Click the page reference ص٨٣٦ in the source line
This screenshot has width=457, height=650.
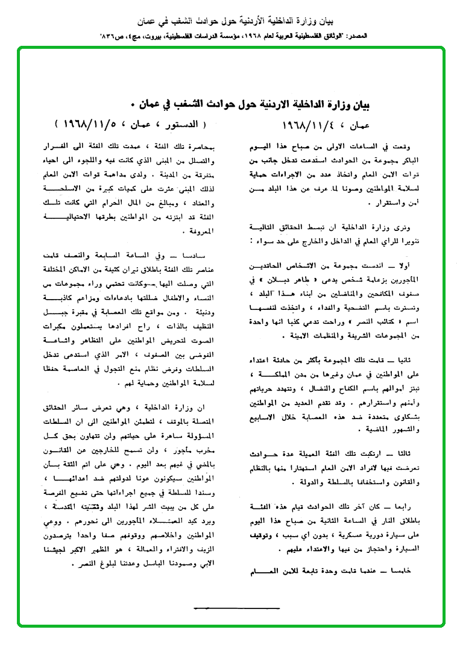point(113,36)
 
